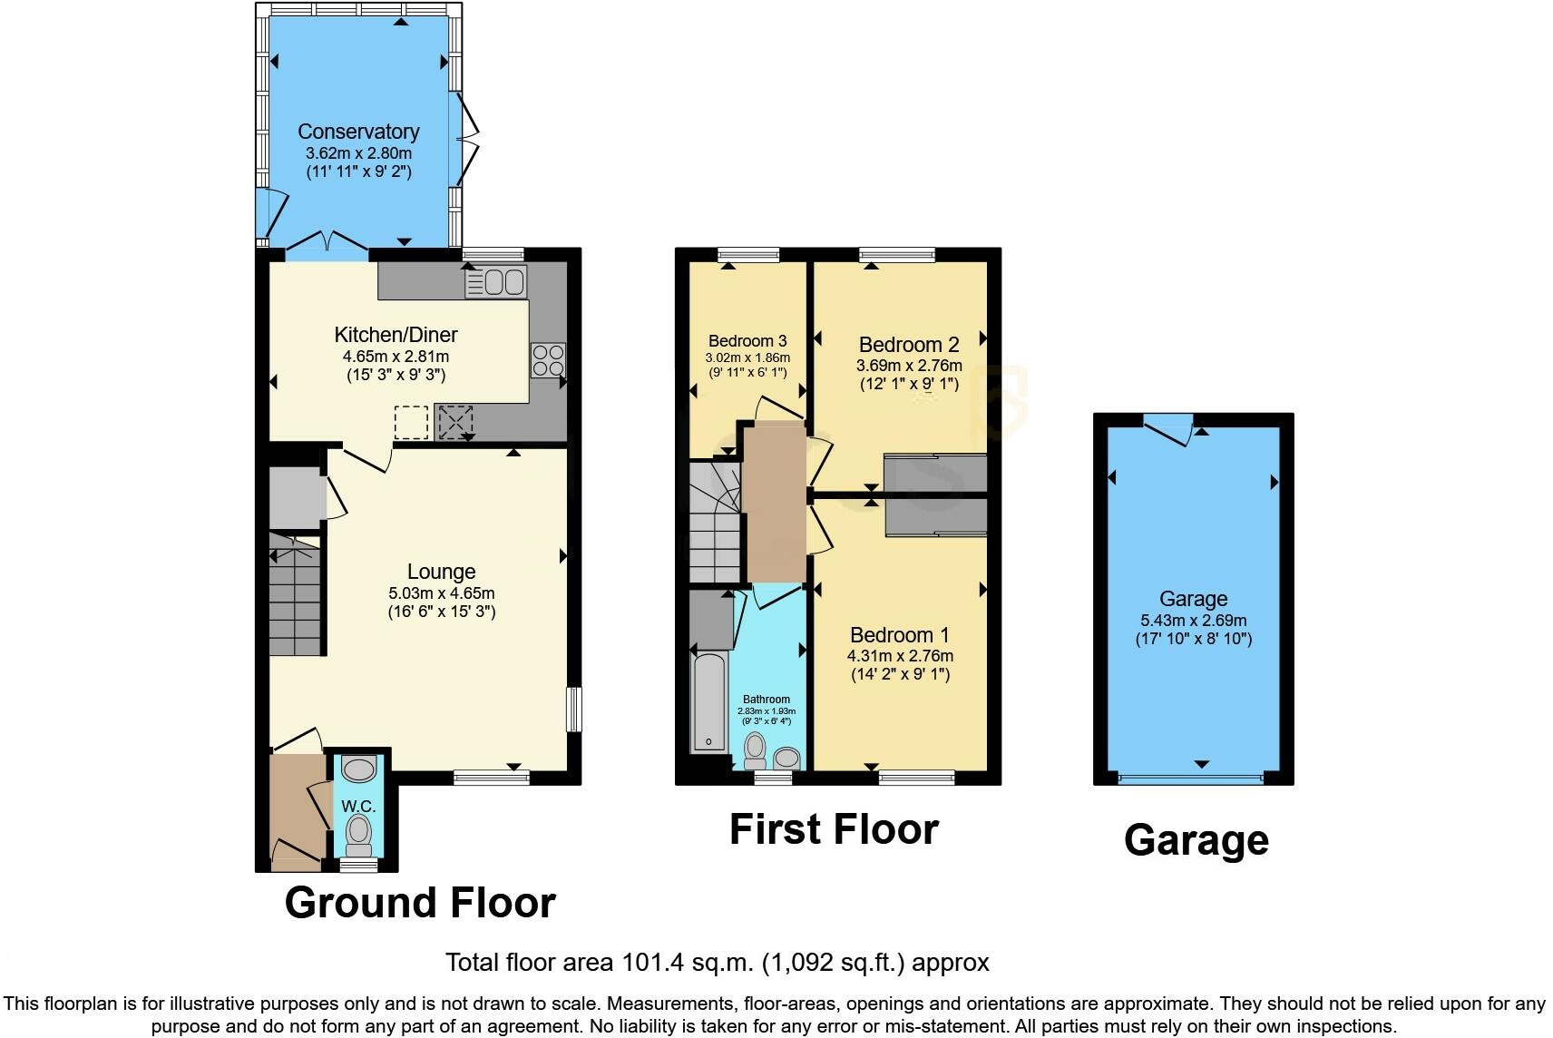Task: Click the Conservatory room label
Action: click(x=358, y=132)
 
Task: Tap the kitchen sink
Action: click(x=495, y=282)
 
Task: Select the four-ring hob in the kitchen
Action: click(x=548, y=360)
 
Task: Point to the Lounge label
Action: click(x=441, y=572)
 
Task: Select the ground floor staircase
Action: click(x=296, y=594)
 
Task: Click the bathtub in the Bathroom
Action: click(x=708, y=703)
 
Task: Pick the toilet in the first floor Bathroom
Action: click(x=755, y=749)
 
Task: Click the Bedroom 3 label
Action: click(x=747, y=341)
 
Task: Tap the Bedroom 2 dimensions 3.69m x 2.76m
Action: click(x=909, y=366)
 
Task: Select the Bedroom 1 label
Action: click(x=900, y=635)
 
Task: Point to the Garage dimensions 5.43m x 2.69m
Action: click(x=1193, y=622)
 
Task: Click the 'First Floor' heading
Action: click(x=834, y=829)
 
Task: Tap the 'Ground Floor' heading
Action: click(x=420, y=903)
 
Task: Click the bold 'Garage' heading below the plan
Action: click(x=1196, y=840)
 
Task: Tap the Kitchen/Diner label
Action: click(x=396, y=335)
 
